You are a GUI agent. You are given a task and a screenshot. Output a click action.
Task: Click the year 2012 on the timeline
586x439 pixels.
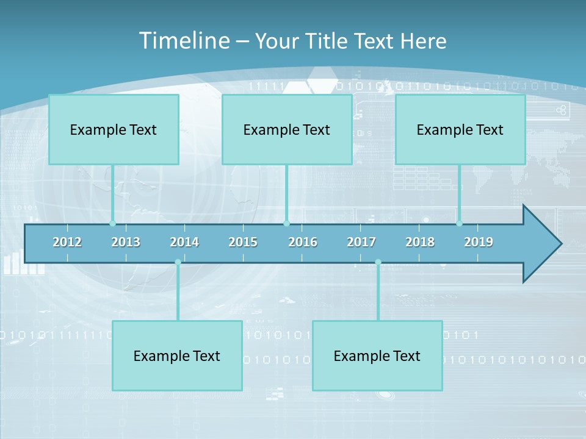(x=67, y=242)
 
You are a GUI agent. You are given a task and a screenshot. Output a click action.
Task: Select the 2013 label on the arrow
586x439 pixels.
(x=126, y=242)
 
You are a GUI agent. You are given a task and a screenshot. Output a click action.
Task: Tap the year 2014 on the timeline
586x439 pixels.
(x=184, y=242)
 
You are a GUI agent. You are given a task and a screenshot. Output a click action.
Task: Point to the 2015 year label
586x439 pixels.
(x=243, y=242)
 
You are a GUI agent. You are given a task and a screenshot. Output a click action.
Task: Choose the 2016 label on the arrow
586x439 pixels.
(x=303, y=242)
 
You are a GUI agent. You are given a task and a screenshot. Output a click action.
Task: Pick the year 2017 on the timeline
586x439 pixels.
(x=361, y=242)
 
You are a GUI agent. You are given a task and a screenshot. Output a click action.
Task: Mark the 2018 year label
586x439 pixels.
(x=420, y=242)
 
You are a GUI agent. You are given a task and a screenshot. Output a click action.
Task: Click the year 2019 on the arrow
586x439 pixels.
(x=479, y=242)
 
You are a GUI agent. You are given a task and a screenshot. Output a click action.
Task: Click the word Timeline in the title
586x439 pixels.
(x=184, y=41)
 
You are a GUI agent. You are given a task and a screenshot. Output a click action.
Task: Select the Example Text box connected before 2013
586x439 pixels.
(x=114, y=129)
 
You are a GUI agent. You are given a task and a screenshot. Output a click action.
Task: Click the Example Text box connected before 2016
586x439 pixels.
(x=287, y=129)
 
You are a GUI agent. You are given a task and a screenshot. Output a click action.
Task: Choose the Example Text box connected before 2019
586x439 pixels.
(x=460, y=129)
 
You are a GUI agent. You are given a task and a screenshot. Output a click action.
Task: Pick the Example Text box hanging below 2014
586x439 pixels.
(x=177, y=355)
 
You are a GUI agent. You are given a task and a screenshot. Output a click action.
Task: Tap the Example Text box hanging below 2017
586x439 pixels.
(x=377, y=355)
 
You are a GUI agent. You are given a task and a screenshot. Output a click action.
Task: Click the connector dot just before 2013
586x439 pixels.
(x=112, y=223)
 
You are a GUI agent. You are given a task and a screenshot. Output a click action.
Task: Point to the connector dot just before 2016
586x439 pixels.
(x=286, y=223)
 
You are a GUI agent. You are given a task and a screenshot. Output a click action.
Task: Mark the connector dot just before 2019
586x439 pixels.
(x=459, y=223)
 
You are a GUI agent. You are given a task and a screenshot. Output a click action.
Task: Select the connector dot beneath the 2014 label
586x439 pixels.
(x=178, y=262)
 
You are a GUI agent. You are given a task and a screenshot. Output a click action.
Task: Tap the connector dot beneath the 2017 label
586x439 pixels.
(x=378, y=262)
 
